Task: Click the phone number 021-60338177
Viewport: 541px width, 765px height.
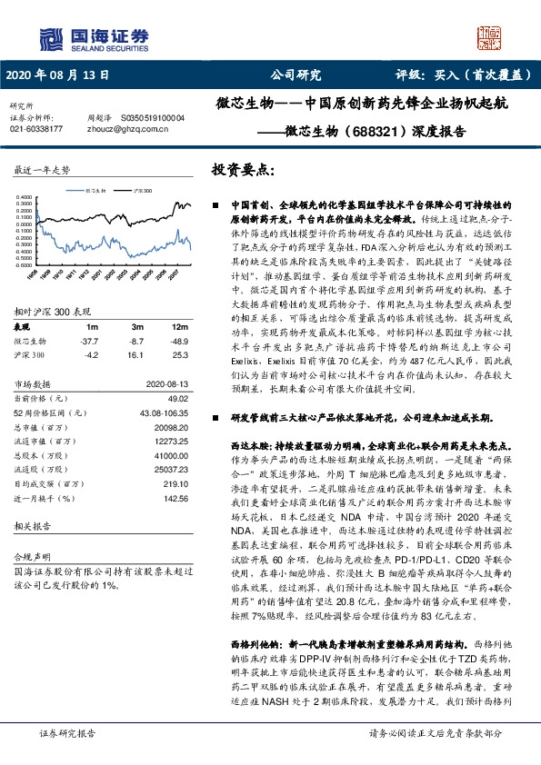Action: tap(35, 129)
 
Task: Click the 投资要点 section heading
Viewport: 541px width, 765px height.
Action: tap(242, 171)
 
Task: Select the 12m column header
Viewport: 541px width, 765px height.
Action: tap(181, 326)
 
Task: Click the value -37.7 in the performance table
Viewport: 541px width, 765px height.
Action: tap(88, 340)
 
